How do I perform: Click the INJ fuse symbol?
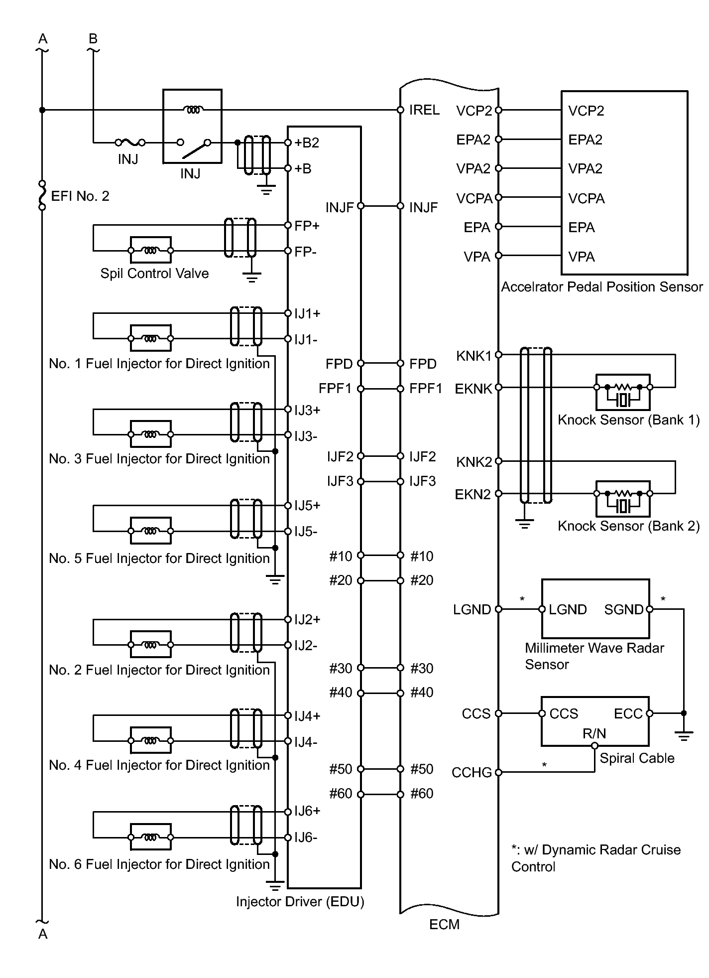coord(130,142)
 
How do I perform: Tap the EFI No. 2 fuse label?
coord(80,196)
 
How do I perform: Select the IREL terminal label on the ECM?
coord(424,110)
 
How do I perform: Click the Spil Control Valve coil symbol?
coord(150,251)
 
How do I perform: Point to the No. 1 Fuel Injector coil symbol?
coord(150,339)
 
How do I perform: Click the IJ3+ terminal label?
coord(307,411)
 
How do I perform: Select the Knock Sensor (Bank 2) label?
coord(628,526)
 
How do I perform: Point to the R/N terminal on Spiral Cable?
coord(594,746)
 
